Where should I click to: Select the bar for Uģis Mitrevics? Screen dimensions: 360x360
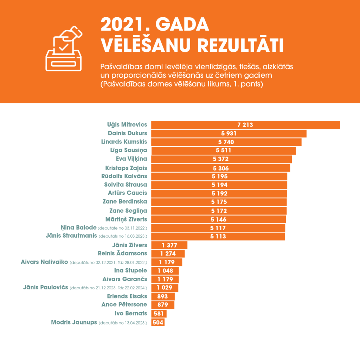(x=245, y=125)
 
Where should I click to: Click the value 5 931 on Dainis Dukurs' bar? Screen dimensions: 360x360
(x=229, y=134)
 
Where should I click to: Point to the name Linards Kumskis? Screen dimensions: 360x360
(x=124, y=142)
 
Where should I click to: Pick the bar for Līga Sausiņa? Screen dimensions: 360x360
(x=223, y=150)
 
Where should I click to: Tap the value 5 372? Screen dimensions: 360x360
(x=221, y=159)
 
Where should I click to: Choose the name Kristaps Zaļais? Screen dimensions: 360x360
(x=126, y=168)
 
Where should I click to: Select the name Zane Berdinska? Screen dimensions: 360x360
(x=125, y=202)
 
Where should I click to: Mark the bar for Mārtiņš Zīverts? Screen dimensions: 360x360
(x=218, y=219)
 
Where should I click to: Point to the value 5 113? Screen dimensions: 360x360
(x=218, y=237)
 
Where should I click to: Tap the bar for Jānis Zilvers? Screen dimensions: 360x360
(x=169, y=245)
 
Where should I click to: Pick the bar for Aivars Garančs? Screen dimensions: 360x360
(x=165, y=279)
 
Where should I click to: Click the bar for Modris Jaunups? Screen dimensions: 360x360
(x=158, y=322)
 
